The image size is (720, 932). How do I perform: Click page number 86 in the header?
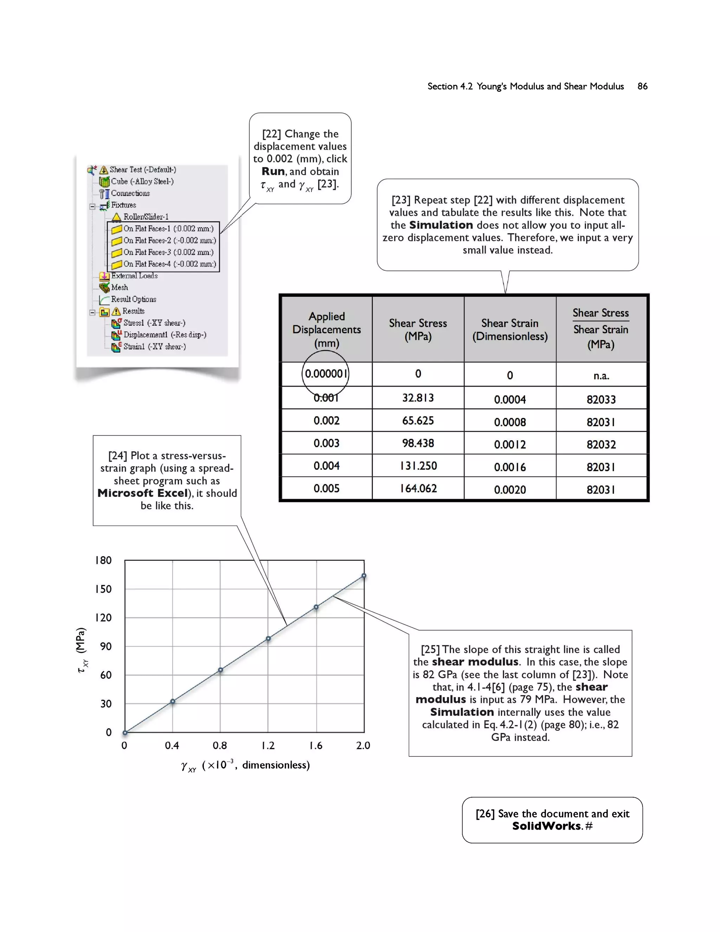[642, 86]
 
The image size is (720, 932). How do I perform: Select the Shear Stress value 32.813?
[418, 398]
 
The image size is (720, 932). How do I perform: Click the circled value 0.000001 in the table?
[326, 374]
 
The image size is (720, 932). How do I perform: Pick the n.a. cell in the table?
[600, 376]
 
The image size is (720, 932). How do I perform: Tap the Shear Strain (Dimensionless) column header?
[509, 330]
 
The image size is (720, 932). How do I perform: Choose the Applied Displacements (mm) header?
[326, 330]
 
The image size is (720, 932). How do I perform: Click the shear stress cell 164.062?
[418, 488]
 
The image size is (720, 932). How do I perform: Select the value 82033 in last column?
[600, 400]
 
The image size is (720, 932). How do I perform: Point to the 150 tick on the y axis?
[103, 589]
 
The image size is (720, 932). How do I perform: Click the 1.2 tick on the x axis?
[268, 746]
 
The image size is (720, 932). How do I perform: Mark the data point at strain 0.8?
[220, 670]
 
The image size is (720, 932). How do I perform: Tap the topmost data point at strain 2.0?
[364, 576]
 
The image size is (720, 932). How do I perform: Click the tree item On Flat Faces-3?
[168, 252]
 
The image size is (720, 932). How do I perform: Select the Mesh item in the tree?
[119, 288]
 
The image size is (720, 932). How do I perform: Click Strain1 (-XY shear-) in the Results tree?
[154, 346]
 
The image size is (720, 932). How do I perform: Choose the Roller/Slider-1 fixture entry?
[146, 217]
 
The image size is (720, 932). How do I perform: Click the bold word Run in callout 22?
[273, 172]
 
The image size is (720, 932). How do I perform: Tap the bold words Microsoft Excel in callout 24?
[143, 493]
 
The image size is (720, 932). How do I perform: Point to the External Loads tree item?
[134, 276]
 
